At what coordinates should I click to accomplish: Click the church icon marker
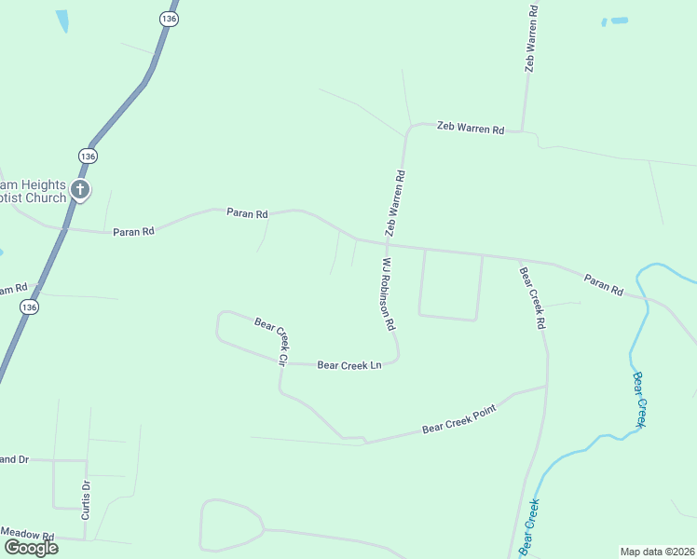point(80,190)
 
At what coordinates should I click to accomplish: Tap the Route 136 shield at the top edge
point(168,19)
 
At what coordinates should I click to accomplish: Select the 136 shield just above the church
point(87,156)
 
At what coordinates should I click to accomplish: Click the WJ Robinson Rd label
point(389,295)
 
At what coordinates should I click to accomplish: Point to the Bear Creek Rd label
point(531,298)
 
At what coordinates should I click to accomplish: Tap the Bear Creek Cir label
point(271,339)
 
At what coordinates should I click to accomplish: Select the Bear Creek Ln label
point(349,365)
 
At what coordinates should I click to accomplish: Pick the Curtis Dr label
point(85,499)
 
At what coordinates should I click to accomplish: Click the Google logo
point(31,548)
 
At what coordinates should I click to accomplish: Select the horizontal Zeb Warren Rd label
point(471,130)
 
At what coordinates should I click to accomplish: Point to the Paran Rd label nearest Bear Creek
point(604,284)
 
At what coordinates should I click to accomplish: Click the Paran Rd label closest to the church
point(133,231)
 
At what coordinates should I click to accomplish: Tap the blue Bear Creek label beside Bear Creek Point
point(639,400)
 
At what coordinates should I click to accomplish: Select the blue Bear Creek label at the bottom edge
point(528,527)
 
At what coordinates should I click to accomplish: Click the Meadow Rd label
point(28,534)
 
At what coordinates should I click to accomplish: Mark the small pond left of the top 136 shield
point(62,21)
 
